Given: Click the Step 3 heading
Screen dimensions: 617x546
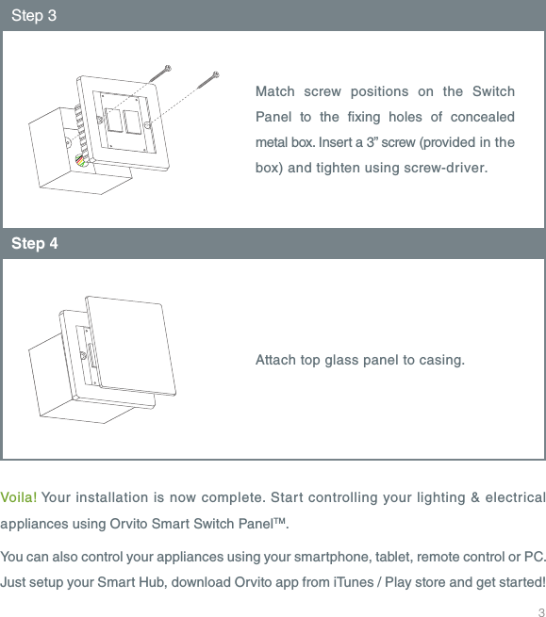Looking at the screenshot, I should click(35, 16).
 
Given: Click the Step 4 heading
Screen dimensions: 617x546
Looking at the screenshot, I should click(35, 244).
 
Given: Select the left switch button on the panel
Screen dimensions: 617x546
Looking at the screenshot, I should click(113, 122).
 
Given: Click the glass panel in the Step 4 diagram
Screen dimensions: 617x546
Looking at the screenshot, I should click(131, 344).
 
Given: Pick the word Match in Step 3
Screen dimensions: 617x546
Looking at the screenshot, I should click(274, 91).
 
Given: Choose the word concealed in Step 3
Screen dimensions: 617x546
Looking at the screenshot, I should click(481, 117).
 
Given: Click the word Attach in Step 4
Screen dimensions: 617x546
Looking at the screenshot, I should click(275, 361).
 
